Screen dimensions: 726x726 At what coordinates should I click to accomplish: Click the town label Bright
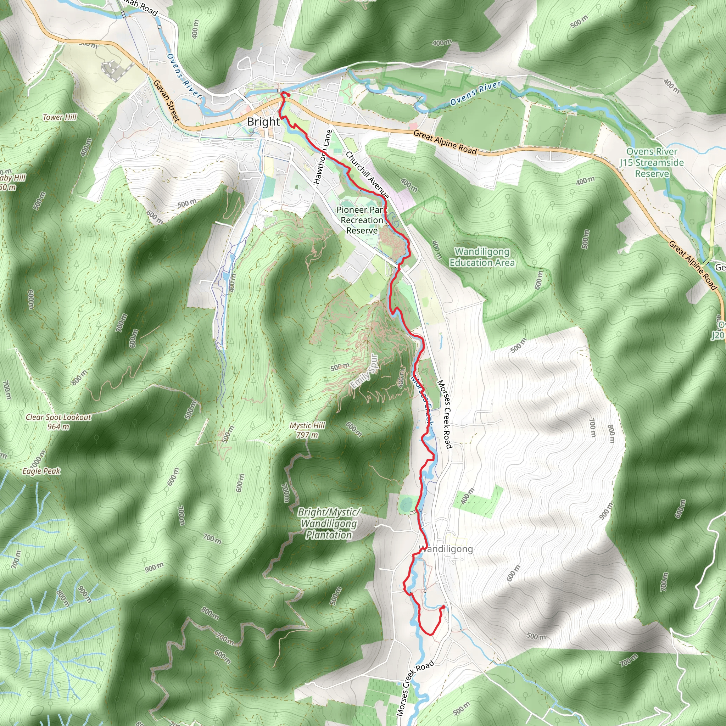pos(263,122)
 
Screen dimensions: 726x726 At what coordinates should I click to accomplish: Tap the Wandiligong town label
pos(446,549)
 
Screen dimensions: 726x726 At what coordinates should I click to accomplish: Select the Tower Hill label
pos(60,117)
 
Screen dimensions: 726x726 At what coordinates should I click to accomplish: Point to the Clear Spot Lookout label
pos(58,417)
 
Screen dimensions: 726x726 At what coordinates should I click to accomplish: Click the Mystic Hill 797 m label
pos(307,430)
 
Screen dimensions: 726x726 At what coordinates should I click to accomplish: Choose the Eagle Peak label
pos(41,471)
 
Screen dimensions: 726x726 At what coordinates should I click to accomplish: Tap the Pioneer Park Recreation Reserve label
pos(362,220)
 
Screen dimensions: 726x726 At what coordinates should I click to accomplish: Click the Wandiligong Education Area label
pos(482,257)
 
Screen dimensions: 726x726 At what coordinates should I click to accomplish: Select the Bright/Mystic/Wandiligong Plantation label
pos(329,524)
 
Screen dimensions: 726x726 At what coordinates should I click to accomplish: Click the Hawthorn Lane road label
pos(323,157)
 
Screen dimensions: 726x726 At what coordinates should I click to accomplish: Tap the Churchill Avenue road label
pos(367,175)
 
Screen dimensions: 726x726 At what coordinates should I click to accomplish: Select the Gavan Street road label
pos(167,100)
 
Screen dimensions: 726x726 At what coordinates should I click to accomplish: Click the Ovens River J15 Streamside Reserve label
pos(652,162)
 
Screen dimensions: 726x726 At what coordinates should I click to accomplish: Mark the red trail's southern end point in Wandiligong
pos(443,607)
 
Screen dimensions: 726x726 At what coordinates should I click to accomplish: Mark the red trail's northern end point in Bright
pos(288,95)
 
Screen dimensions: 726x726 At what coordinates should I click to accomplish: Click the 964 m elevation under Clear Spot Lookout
pos(58,426)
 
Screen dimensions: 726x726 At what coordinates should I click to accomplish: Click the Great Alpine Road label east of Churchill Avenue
pos(445,142)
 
